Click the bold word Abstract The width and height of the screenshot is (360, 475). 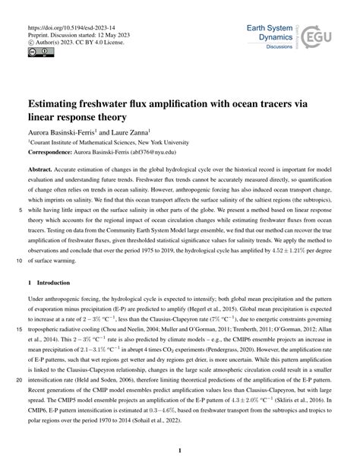[43, 171]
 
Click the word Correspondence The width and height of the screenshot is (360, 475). [54, 151]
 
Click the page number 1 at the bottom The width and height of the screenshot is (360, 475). [179, 450]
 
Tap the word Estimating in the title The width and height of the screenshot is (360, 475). [60, 101]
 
